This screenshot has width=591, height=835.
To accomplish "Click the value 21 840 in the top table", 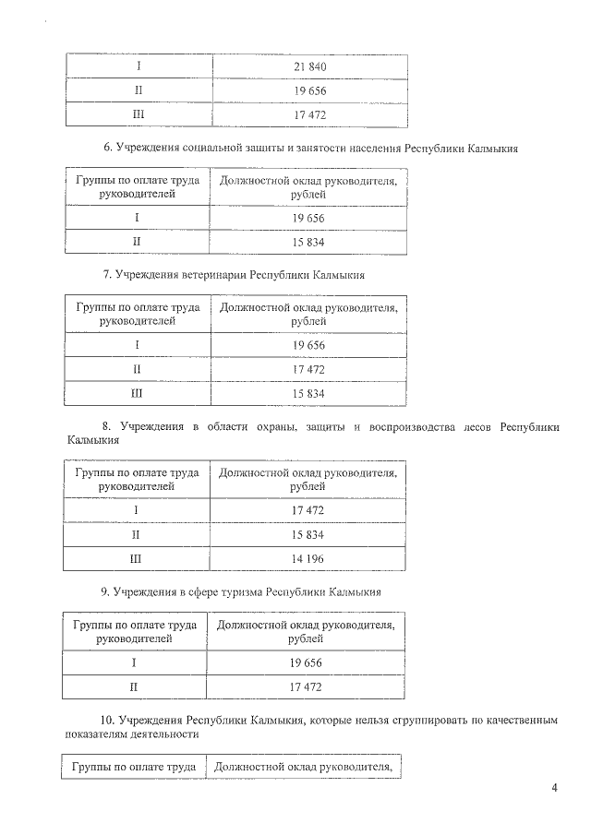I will point(310,66).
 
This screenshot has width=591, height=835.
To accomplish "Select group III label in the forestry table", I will point(138,559).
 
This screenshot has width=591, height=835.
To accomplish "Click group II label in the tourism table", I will point(136,687).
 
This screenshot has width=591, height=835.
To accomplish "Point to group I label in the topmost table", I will point(139,66).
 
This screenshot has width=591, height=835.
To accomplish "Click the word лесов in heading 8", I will point(476,426).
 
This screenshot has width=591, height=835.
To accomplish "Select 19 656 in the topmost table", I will point(310,91).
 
